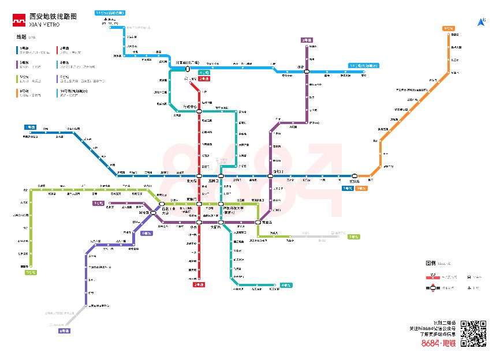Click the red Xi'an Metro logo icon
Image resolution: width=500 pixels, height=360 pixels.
click(x=19, y=22)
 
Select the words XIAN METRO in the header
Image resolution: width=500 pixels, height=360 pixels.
click(x=44, y=25)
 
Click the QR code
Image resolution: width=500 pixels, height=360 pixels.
click(x=473, y=333)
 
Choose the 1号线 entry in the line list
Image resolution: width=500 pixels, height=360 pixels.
click(x=24, y=48)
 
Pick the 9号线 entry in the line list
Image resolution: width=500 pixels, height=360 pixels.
click(x=24, y=90)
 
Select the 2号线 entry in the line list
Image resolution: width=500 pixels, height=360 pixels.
click(x=63, y=48)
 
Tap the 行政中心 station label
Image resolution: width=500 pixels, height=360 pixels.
click(x=190, y=107)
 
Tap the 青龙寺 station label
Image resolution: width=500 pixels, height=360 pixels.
click(x=267, y=222)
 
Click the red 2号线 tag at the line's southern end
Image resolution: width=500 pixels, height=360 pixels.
click(x=199, y=284)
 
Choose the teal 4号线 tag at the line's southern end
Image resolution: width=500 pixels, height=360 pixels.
click(x=285, y=285)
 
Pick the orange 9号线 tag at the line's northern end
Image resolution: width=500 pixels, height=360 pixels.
click(x=448, y=28)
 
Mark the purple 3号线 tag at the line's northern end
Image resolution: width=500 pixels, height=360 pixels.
click(x=307, y=40)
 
